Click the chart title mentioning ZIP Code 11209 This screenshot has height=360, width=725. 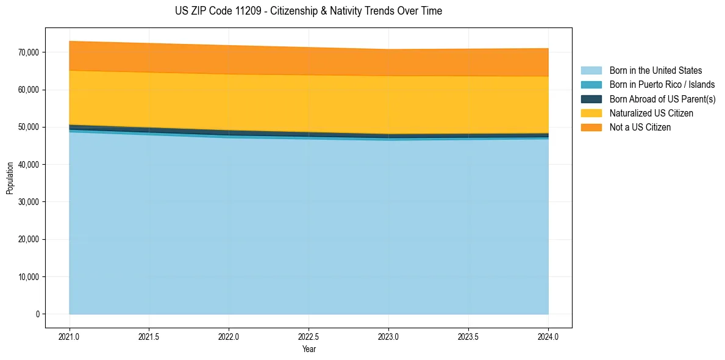pos(308,11)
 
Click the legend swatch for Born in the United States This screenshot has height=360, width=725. pos(591,71)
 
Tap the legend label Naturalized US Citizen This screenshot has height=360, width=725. pos(651,113)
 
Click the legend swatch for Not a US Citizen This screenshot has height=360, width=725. pos(591,127)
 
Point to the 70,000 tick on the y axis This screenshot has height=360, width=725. pos(28,52)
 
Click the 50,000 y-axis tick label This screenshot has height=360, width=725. pos(28,127)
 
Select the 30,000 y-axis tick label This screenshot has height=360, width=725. pos(28,202)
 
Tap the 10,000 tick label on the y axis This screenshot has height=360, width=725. pos(28,277)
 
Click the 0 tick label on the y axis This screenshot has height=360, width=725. pos(37,314)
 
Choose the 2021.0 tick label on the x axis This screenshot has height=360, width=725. pos(69,336)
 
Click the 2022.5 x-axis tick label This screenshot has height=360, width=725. pos(309,336)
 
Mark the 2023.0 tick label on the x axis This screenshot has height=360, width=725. pos(388,336)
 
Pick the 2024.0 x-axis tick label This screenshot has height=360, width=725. pos(548,336)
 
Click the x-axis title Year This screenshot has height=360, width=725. pos(309,349)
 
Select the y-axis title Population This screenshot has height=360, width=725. pos(10,178)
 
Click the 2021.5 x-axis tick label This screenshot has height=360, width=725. pos(149,336)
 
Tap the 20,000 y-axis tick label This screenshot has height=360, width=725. pos(28,239)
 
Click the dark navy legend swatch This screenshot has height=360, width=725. pos(591,99)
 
